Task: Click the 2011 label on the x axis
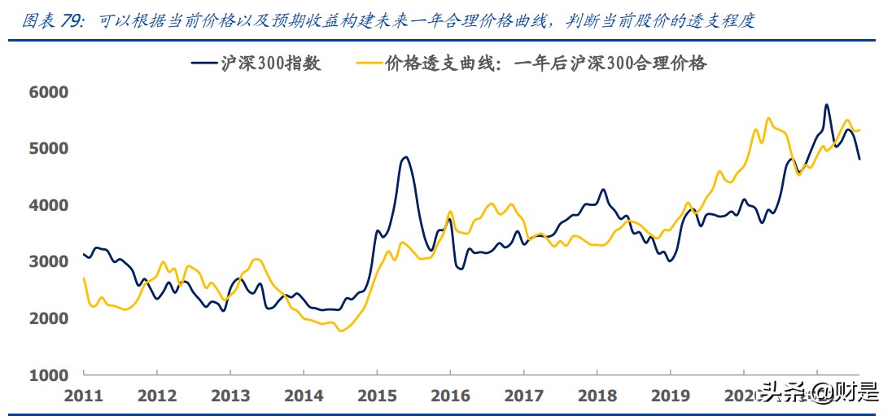point(84,396)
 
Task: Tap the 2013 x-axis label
point(230,396)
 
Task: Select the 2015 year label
point(377,396)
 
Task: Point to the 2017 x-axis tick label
point(523,396)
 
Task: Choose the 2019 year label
point(670,396)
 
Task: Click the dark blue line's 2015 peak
point(405,157)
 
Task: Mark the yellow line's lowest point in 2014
point(340,331)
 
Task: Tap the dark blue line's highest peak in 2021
point(826,105)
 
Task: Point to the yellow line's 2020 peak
point(768,119)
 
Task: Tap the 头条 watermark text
point(776,394)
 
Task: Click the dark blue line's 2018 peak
point(603,190)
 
